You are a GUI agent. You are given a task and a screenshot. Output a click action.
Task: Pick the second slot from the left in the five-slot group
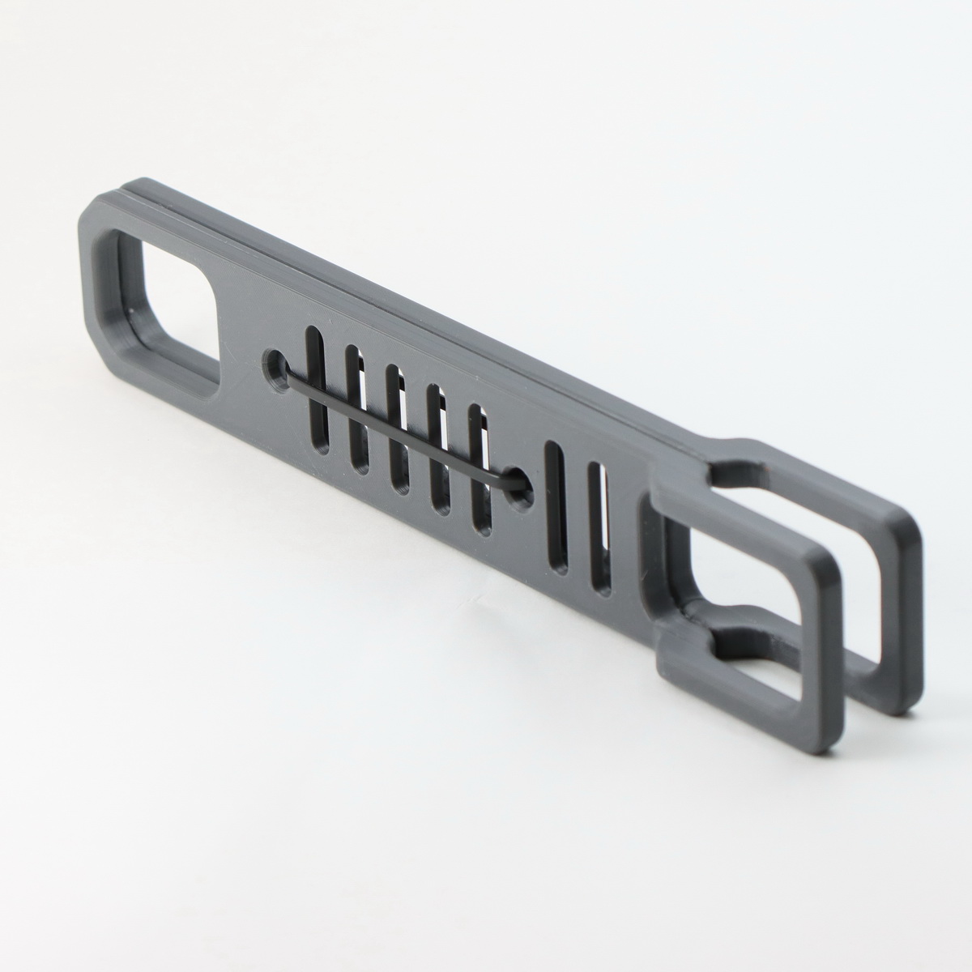[355, 409]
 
